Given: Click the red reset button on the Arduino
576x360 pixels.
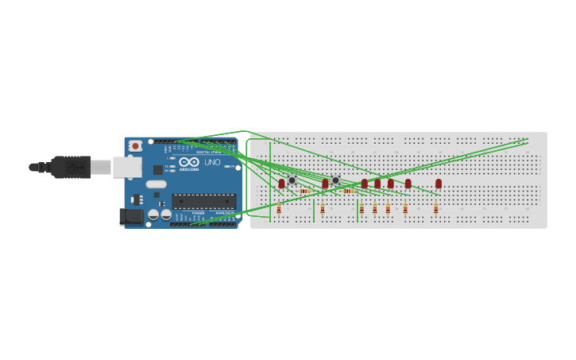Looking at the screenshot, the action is pyautogui.click(x=136, y=146).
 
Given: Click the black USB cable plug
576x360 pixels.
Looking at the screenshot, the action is pyautogui.click(x=70, y=167).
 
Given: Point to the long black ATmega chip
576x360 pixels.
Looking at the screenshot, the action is pyautogui.click(x=203, y=201).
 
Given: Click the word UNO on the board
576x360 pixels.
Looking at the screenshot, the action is pyautogui.click(x=212, y=162).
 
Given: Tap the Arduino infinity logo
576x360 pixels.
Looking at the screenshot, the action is pyautogui.click(x=189, y=162).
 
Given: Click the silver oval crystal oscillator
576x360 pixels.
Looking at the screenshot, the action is pyautogui.click(x=156, y=184).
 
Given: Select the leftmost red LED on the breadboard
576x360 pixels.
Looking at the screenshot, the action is pyautogui.click(x=281, y=184).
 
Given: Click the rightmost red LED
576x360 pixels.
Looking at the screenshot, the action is pyautogui.click(x=439, y=184).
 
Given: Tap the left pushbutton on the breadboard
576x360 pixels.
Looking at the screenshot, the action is pyautogui.click(x=292, y=180).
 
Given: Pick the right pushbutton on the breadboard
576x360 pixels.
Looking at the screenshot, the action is pyautogui.click(x=336, y=180).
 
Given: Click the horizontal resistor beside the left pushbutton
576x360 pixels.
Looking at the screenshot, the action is pyautogui.click(x=305, y=191).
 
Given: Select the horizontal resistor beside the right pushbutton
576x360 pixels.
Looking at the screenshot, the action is pyautogui.click(x=349, y=191).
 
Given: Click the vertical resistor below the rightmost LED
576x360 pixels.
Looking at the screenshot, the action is pyautogui.click(x=435, y=209).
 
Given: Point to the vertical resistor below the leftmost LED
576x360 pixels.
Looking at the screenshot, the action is pyautogui.click(x=279, y=209).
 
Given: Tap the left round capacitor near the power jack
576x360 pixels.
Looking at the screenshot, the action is pyautogui.click(x=153, y=215).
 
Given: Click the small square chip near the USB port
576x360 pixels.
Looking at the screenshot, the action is pyautogui.click(x=158, y=169).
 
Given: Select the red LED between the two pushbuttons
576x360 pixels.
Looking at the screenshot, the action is pyautogui.click(x=325, y=184).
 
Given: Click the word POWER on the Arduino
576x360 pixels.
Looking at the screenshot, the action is pyautogui.click(x=198, y=213).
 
